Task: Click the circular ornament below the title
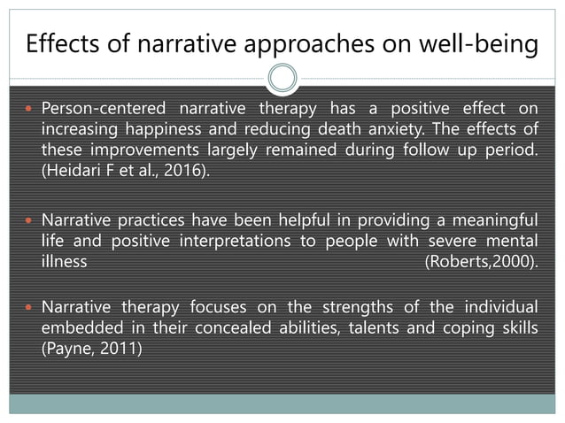coord(282,79)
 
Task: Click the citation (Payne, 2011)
coord(92,348)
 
